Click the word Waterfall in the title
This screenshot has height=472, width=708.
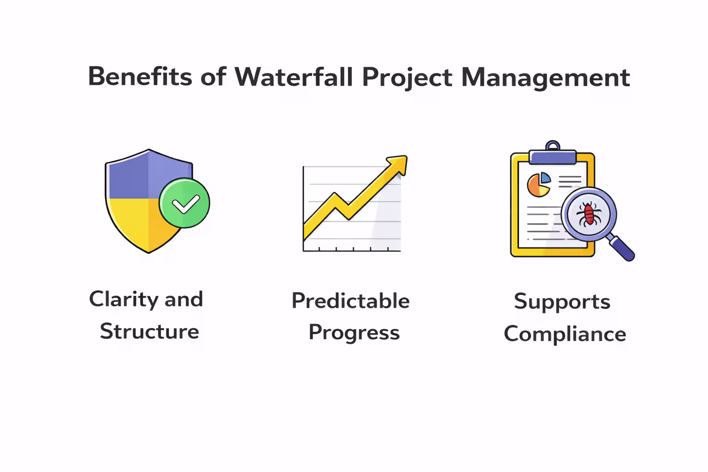[294, 77]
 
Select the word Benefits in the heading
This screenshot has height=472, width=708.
[140, 77]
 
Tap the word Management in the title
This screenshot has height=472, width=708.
[545, 77]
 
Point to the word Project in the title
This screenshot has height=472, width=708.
[407, 77]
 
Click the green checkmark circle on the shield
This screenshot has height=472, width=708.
[184, 203]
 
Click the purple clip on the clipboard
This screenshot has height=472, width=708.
[553, 156]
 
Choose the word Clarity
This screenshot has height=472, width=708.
[124, 300]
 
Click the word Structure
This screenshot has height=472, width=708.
[149, 331]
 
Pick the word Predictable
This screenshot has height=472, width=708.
[350, 301]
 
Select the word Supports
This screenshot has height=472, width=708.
[562, 302]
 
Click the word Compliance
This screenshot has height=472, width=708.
[565, 334]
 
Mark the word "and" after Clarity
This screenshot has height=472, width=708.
[183, 300]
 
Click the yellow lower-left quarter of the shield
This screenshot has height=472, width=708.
[129, 221]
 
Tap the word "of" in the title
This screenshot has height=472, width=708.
[213, 77]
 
